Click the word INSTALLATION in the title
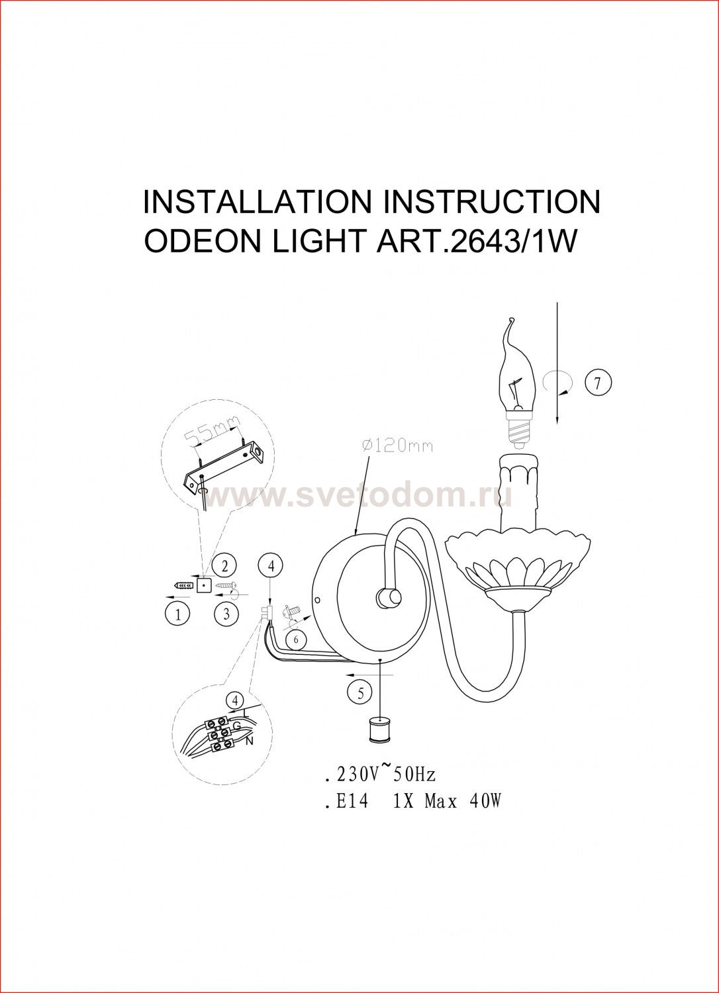click(x=256, y=202)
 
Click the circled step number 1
click(x=177, y=615)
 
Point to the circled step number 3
click(x=226, y=614)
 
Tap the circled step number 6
click(x=297, y=639)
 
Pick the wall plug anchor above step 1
click(x=185, y=586)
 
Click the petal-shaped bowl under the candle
click(x=518, y=563)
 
